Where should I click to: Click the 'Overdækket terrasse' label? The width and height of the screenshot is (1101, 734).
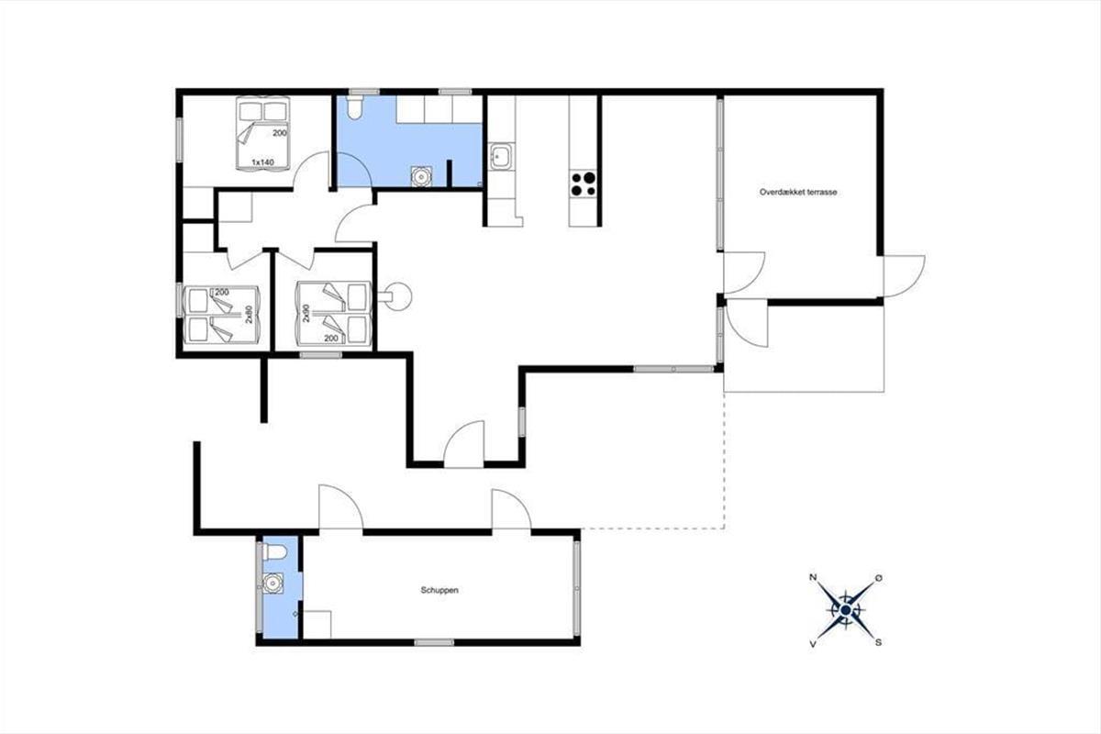pyautogui.click(x=798, y=193)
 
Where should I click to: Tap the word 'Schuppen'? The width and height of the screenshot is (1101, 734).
pyautogui.click(x=439, y=590)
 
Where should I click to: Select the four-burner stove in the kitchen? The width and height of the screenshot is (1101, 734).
pyautogui.click(x=583, y=183)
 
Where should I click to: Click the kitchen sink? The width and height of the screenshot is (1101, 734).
pyautogui.click(x=501, y=157)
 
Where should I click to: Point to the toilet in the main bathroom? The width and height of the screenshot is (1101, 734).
pyautogui.click(x=354, y=107)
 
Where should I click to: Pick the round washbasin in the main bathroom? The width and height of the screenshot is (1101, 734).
pyautogui.click(x=421, y=176)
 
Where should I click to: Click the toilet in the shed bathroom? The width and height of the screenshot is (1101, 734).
pyautogui.click(x=274, y=553)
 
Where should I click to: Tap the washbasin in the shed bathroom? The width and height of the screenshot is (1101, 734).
pyautogui.click(x=272, y=584)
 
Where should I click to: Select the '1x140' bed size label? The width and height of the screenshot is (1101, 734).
pyautogui.click(x=262, y=162)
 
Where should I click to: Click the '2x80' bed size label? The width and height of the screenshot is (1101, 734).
pyautogui.click(x=249, y=314)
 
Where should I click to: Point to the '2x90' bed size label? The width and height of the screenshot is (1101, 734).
pyautogui.click(x=306, y=313)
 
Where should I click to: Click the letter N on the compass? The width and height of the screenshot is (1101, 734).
pyautogui.click(x=813, y=577)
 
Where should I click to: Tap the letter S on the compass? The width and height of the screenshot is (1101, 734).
pyautogui.click(x=878, y=642)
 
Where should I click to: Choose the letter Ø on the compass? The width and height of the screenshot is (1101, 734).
pyautogui.click(x=878, y=578)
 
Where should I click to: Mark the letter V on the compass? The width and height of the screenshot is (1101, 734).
pyautogui.click(x=813, y=643)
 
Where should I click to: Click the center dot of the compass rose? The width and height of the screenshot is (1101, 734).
pyautogui.click(x=845, y=610)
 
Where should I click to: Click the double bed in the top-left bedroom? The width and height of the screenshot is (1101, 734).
pyautogui.click(x=262, y=133)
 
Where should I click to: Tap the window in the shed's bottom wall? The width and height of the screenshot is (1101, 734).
pyautogui.click(x=433, y=642)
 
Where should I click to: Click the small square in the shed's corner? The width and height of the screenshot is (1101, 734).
pyautogui.click(x=317, y=625)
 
